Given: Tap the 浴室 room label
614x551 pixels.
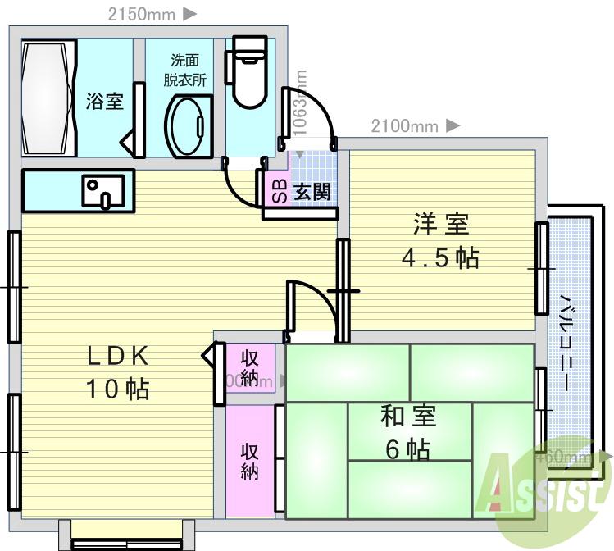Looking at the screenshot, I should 105,102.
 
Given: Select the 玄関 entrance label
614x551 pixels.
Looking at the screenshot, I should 312,193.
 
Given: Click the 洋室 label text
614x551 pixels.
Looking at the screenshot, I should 440,224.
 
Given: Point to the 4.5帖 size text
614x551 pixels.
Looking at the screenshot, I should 440,258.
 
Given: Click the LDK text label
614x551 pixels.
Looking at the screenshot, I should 118,355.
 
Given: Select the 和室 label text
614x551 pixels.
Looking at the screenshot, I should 407,417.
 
